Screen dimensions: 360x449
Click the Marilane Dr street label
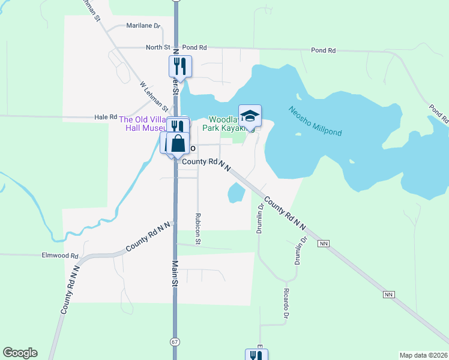(143, 26)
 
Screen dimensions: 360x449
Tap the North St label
(158, 47)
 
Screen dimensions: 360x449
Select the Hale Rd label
(105, 117)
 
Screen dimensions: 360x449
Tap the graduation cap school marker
(250, 115)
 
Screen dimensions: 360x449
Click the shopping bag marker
(178, 143)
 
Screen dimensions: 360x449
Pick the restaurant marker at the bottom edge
(256, 355)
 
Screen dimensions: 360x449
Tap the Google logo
(20, 353)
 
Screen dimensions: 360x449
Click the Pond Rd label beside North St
(194, 47)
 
